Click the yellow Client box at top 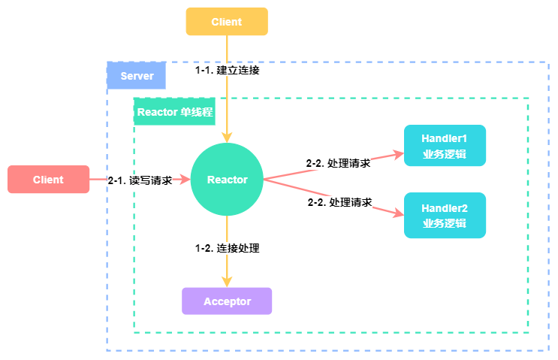coord(227,22)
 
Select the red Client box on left coord(48,180)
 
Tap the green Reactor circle coord(227,180)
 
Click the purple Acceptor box coord(227,301)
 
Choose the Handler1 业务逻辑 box coord(445,145)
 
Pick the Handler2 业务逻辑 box coord(445,215)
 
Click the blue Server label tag coord(137,76)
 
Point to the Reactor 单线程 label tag coord(174,113)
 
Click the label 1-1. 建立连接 coord(228,70)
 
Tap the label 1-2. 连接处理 coord(228,247)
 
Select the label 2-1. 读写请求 coord(140,180)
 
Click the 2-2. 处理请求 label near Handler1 coord(338,162)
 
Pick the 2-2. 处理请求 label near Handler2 coord(339,202)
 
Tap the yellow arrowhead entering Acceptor coord(227,282)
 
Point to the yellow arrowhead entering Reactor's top coord(227,138)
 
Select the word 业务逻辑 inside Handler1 coord(445,155)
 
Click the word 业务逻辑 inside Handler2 coord(445,223)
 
